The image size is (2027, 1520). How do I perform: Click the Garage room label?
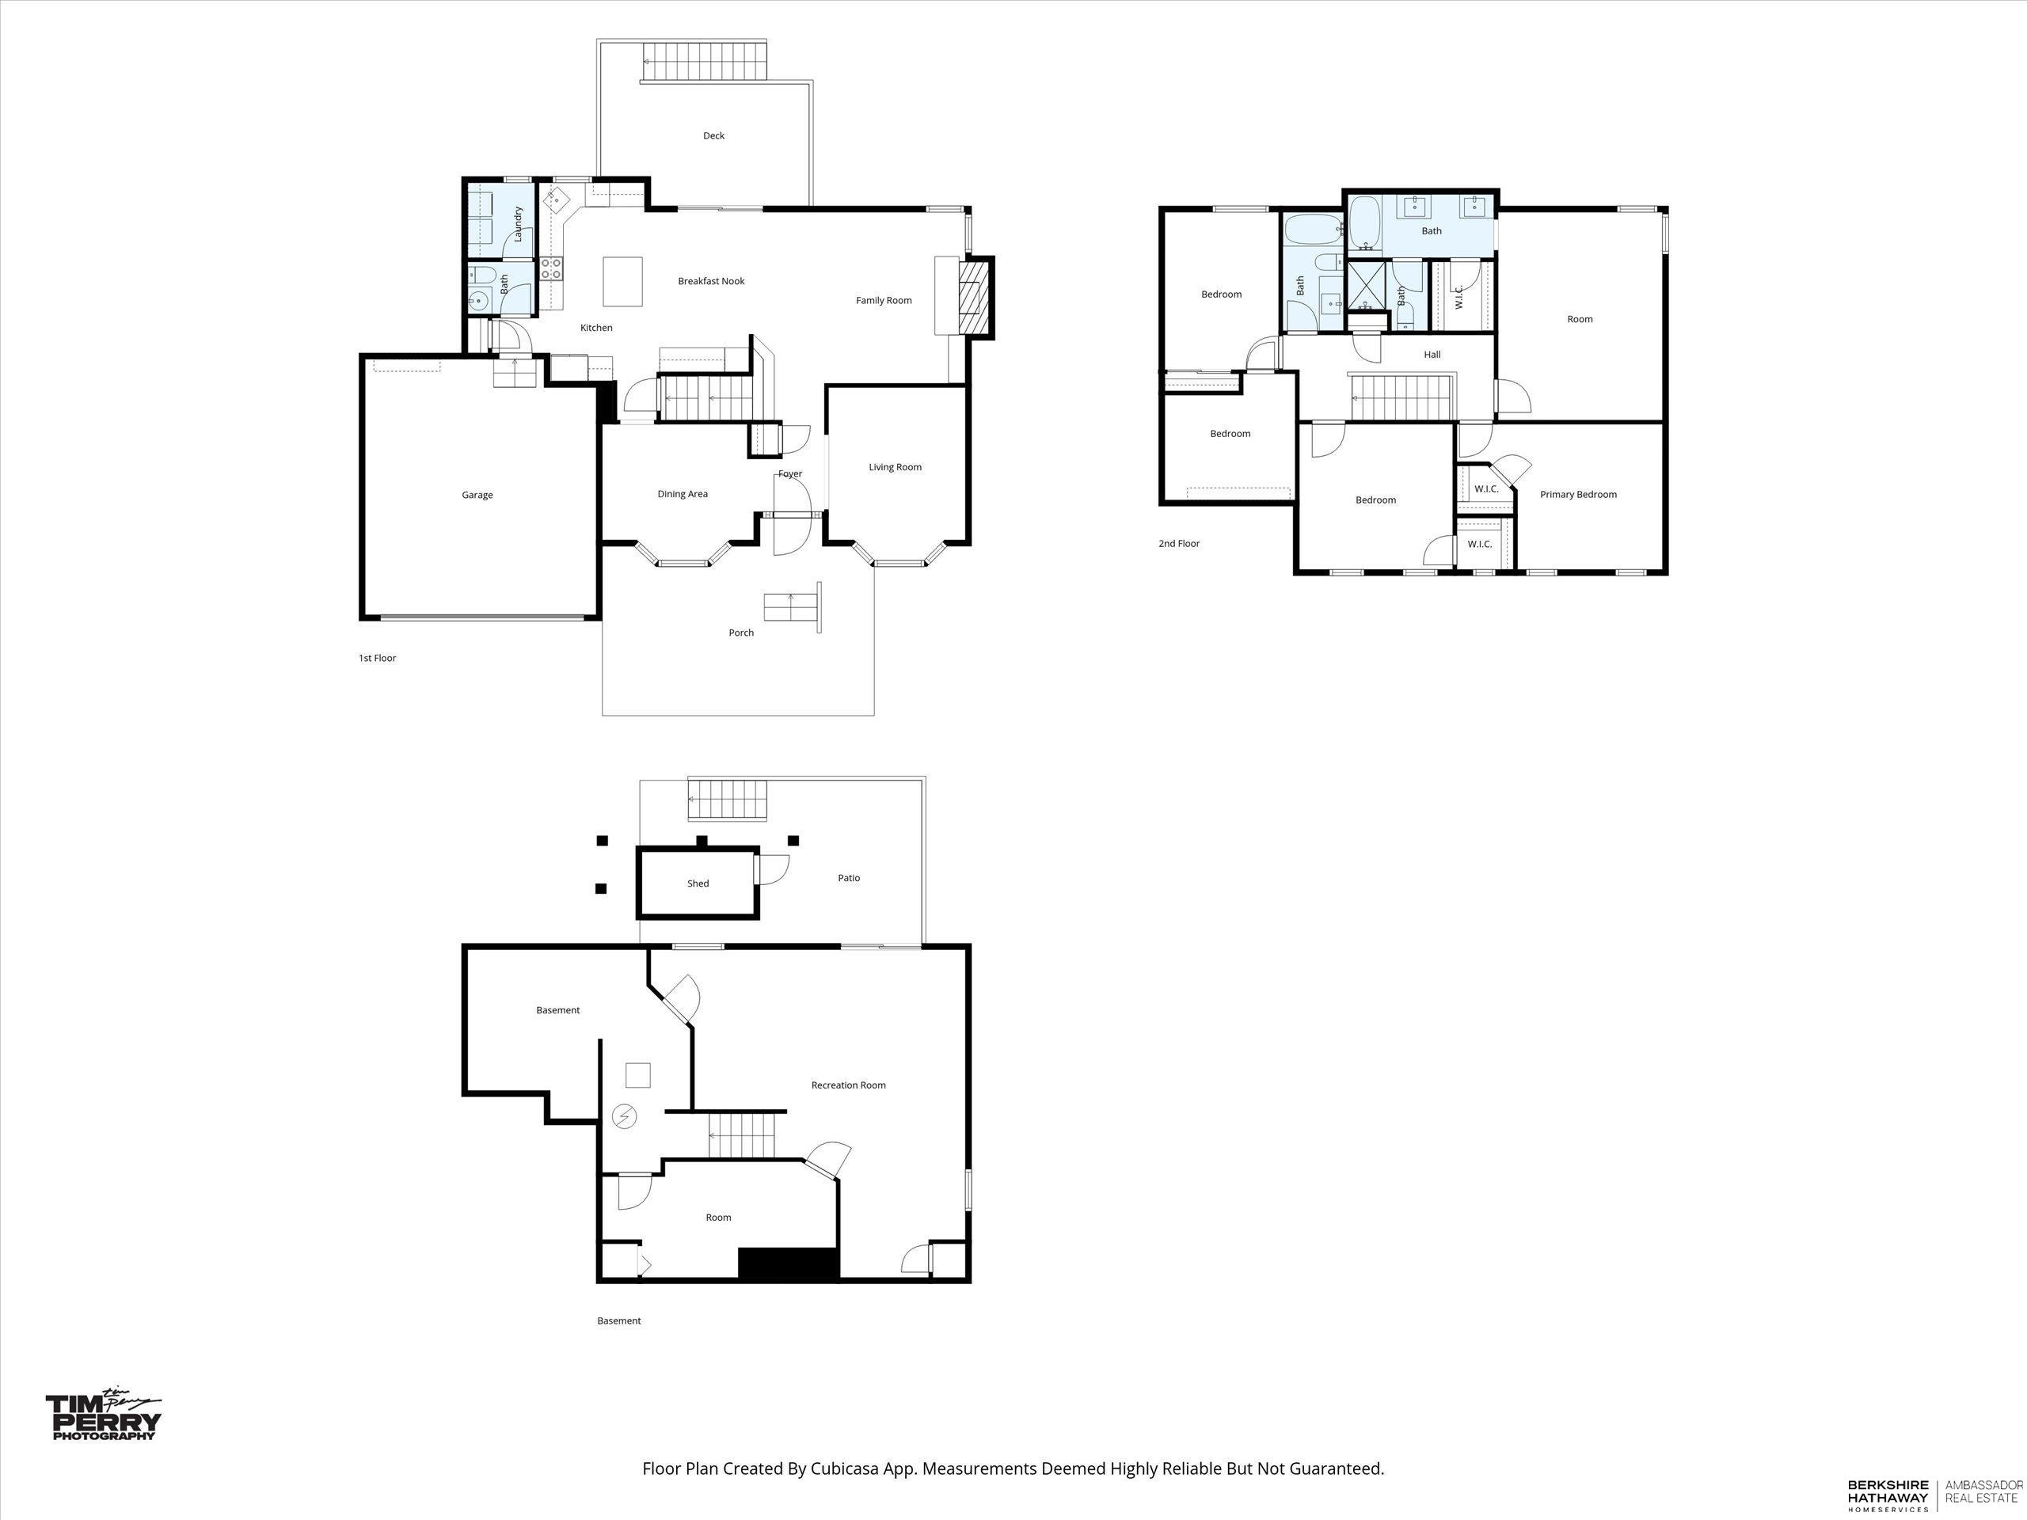[x=477, y=495]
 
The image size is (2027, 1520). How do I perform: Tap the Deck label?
[x=714, y=135]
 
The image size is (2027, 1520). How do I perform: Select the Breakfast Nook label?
[x=711, y=281]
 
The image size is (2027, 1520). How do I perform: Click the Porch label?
[x=741, y=633]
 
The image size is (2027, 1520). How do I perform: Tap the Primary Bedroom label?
[x=1578, y=495]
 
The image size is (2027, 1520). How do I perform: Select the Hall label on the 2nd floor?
[x=1432, y=355]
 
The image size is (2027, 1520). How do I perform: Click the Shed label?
[x=698, y=883]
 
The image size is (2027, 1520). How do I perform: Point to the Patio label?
[x=849, y=878]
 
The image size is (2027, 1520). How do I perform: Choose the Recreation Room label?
[x=849, y=1085]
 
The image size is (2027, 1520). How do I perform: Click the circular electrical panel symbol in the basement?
[x=624, y=1117]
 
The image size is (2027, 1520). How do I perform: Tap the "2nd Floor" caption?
[x=1178, y=543]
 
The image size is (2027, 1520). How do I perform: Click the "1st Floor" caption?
[x=377, y=658]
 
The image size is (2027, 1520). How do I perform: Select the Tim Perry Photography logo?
[x=104, y=1416]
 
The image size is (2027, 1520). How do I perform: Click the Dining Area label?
[x=683, y=494]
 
